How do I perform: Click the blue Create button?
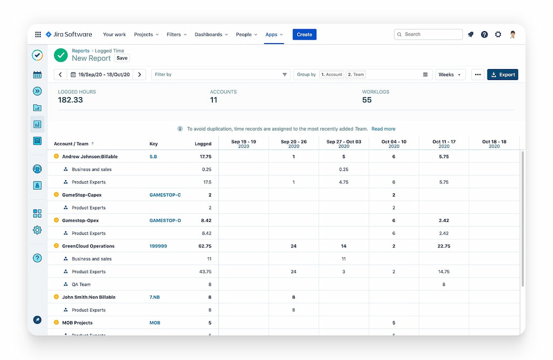coord(305,35)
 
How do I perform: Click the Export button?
coord(502,74)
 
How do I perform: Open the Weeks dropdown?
coord(450,74)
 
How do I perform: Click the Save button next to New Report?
coord(122,58)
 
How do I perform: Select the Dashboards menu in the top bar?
coord(211,35)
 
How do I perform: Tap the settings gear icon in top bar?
coord(498,35)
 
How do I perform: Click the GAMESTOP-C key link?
coord(165,195)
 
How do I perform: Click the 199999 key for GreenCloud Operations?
coord(158,246)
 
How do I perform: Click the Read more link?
coord(383,129)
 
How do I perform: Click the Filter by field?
coord(216,74)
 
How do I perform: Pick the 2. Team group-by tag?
coord(356,74)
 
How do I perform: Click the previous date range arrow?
coord(60,74)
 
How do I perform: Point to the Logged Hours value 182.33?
coord(71,100)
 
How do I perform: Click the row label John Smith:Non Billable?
coord(89,297)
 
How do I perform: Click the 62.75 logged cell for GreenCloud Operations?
coord(205,246)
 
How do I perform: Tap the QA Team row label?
coord(81,284)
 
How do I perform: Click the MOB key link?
coord(155,323)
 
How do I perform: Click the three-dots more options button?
coord(477,74)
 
